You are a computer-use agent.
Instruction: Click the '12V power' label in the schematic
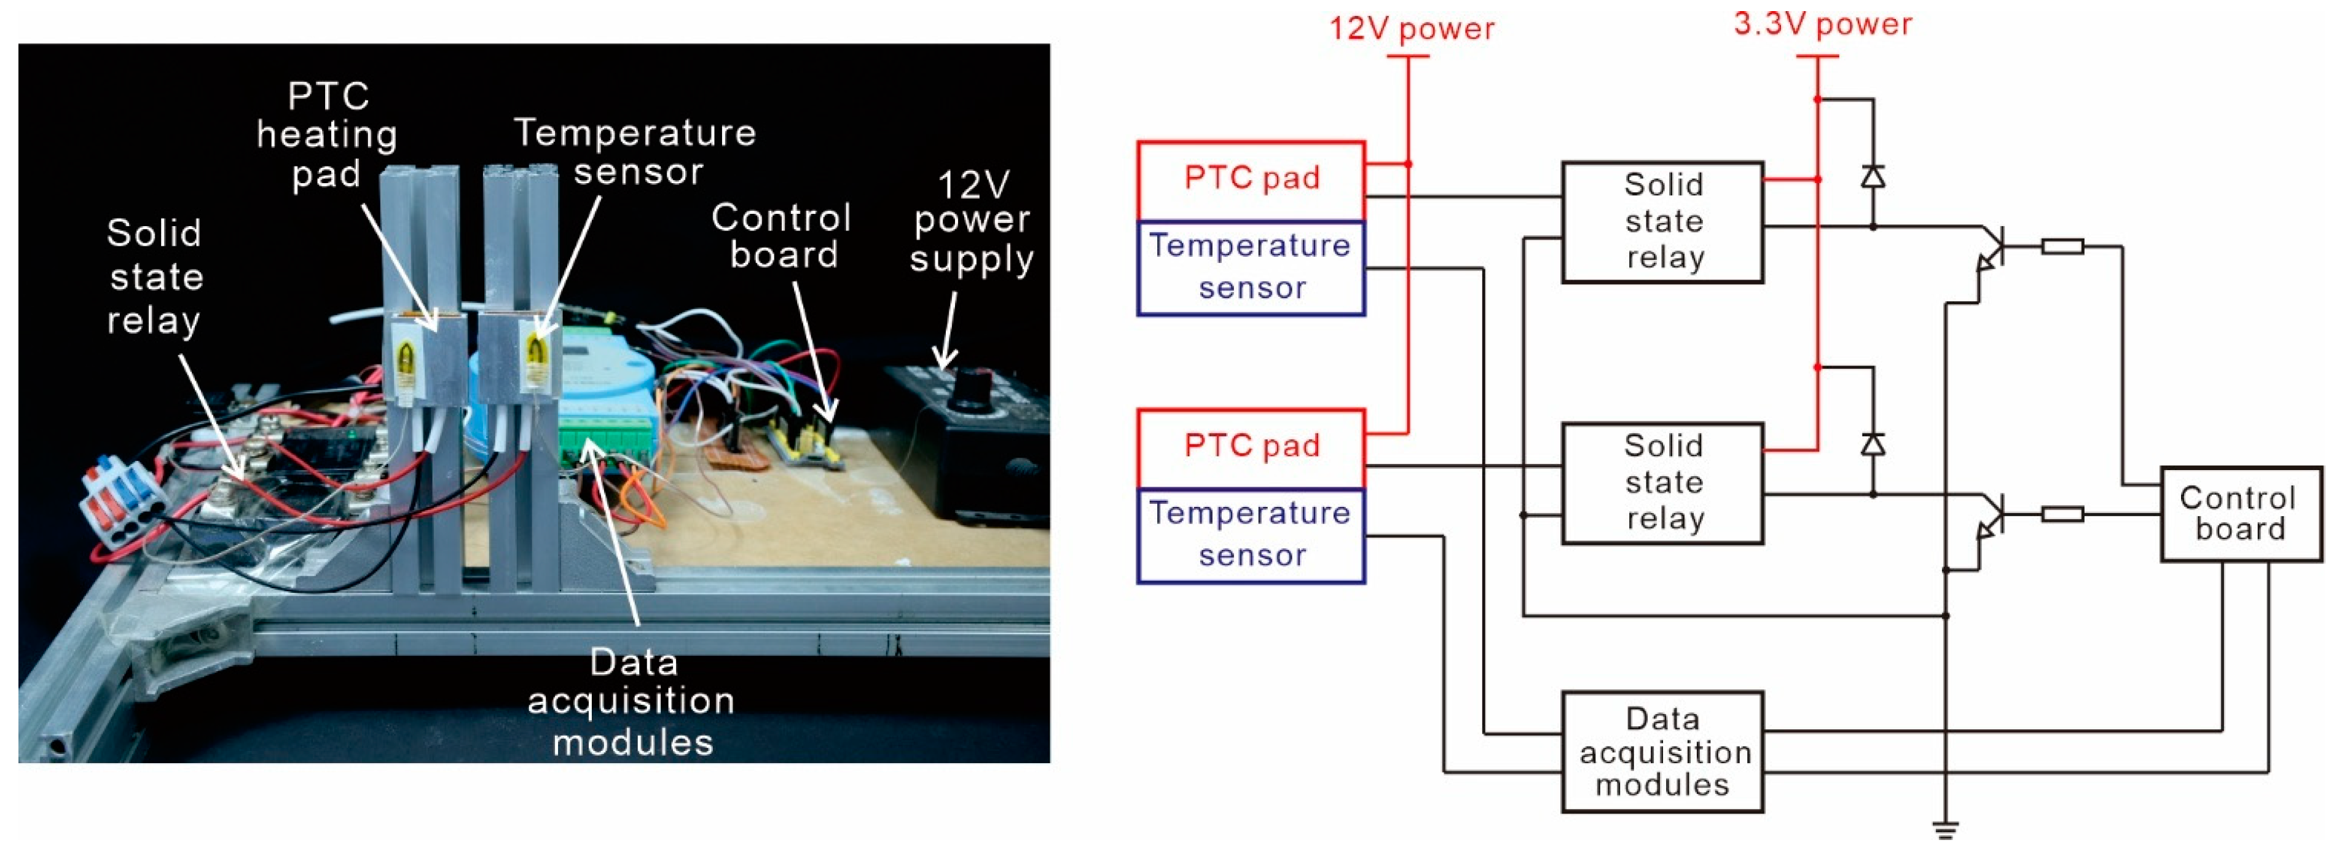pos(1411,29)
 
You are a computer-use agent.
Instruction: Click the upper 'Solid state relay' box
pos(1662,222)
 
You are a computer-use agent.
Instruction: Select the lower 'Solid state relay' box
pos(1662,482)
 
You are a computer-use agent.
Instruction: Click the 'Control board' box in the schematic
pos(2239,514)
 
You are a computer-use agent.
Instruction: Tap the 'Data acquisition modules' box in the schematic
pos(1662,752)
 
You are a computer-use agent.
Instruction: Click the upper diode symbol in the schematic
pos(1873,176)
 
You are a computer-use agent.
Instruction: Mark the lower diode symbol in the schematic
pos(1873,444)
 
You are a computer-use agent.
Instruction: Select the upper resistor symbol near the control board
pos(2062,246)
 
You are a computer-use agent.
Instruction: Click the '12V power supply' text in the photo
pos(972,222)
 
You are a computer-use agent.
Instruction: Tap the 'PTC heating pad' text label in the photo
pos(327,135)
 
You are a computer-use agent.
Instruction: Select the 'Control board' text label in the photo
pos(782,236)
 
